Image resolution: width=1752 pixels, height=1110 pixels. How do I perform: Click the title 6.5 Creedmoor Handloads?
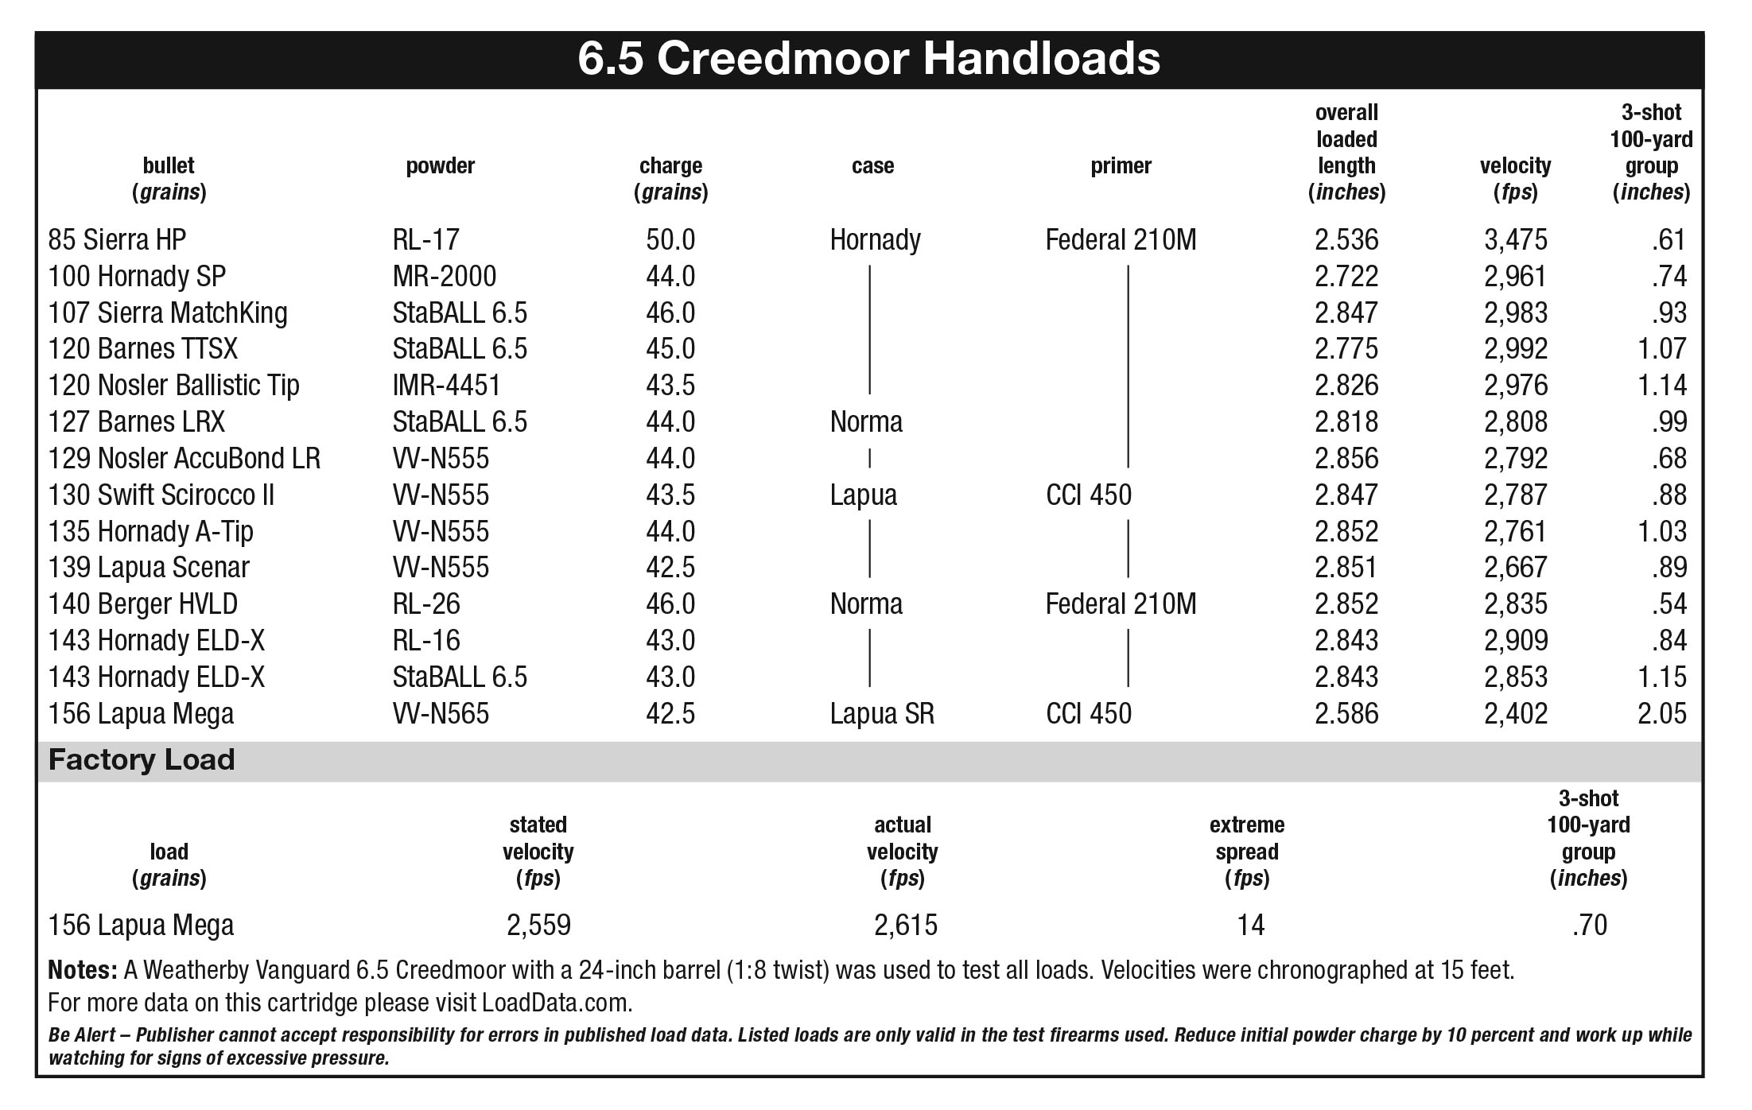coord(868,59)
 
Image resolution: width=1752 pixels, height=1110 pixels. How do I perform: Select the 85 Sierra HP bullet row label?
coord(117,239)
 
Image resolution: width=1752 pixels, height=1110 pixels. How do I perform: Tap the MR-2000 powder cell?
coord(444,276)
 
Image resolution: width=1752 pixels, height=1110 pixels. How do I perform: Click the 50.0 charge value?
coord(670,239)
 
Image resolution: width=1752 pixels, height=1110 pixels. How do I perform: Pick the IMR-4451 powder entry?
coord(446,385)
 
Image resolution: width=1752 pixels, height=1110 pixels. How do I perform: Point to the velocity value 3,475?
coord(1516,240)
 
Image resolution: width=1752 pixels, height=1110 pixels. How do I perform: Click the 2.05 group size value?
coord(1661,713)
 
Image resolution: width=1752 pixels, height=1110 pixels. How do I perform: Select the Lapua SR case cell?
coord(882,713)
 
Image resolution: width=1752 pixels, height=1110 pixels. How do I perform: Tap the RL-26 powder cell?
coord(426,604)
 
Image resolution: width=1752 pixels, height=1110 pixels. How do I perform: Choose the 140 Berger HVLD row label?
coord(143,604)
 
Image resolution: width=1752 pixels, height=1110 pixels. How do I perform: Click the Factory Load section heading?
coord(142,759)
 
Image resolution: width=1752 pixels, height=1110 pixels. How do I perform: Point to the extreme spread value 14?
coord(1250,925)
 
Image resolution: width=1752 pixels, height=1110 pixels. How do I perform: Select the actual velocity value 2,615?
coord(906,926)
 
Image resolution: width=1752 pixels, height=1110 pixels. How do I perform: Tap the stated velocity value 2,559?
coord(538,926)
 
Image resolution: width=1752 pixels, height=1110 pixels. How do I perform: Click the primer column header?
coord(1121,165)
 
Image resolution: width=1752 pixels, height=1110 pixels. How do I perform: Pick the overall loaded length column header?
coord(1346,152)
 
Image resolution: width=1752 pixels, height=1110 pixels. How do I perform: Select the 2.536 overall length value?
coord(1346,239)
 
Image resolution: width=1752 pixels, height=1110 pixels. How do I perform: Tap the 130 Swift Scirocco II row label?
coord(161,495)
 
